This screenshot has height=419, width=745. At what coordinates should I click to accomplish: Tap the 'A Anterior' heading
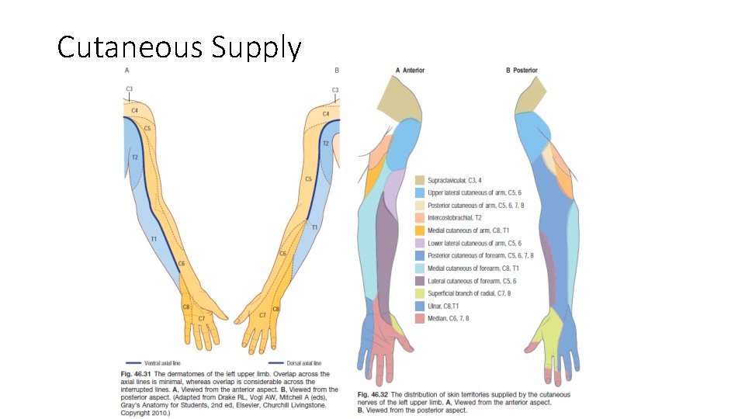411,71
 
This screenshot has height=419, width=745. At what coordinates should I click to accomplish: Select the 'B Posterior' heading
521,71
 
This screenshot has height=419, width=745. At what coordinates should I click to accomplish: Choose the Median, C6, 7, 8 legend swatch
420,318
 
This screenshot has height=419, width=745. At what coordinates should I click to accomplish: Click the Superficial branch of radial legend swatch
420,293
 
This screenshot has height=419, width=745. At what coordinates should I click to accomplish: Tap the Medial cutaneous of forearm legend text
468,268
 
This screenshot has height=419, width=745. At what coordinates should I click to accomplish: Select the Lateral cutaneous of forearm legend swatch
420,281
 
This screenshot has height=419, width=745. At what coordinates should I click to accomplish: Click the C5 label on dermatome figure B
308,178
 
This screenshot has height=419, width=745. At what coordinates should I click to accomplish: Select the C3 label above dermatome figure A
130,90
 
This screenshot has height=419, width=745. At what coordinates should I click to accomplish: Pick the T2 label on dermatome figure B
326,144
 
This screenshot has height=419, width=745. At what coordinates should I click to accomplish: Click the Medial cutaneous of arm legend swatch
420,230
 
